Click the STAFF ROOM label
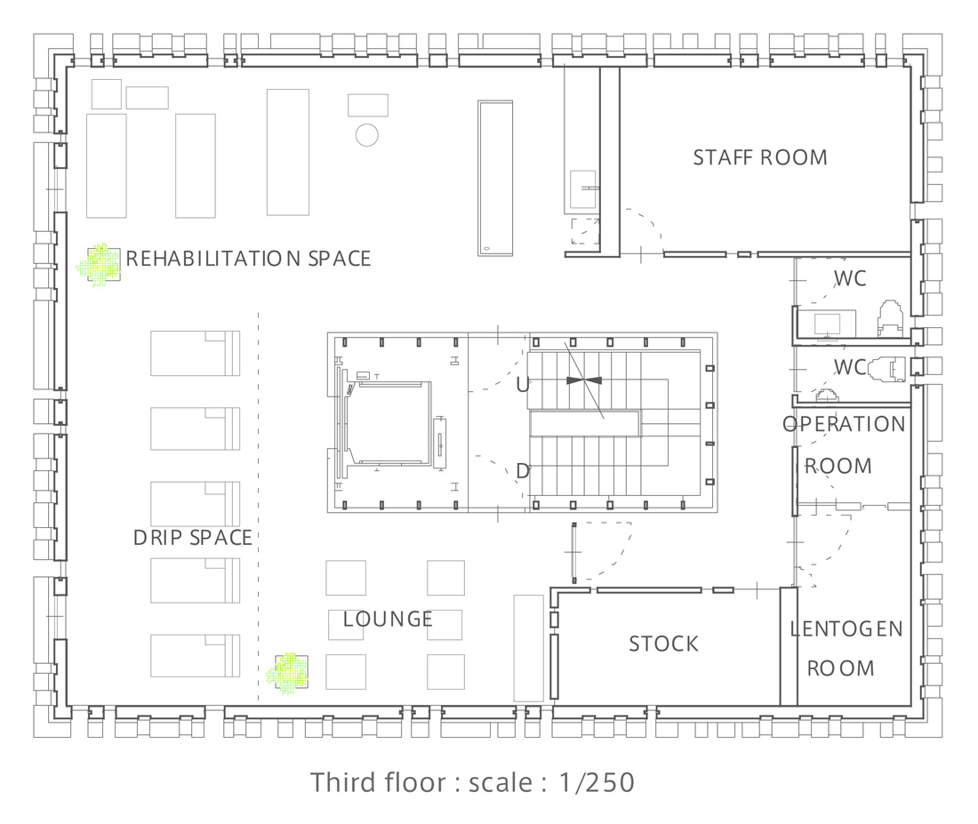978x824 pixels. [760, 157]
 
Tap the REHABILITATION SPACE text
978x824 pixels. [248, 259]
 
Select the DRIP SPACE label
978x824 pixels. [193, 538]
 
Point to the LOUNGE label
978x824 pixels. [388, 619]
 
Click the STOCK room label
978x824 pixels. [663, 644]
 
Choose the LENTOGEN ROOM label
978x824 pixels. [846, 648]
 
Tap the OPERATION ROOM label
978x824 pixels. [844, 444]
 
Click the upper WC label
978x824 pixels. [850, 278]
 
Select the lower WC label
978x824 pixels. [850, 367]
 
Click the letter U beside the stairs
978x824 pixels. [523, 386]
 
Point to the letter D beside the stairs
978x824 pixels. [523, 472]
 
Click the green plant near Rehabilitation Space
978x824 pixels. [98, 265]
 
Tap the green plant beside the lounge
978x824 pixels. [287, 674]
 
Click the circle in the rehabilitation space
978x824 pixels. [366, 135]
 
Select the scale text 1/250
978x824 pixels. [597, 782]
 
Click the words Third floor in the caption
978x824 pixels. [378, 782]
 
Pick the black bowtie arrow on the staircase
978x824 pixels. [584, 380]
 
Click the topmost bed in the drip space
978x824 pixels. [196, 353]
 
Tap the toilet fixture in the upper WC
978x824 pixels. [890, 316]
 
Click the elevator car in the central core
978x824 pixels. [388, 424]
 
